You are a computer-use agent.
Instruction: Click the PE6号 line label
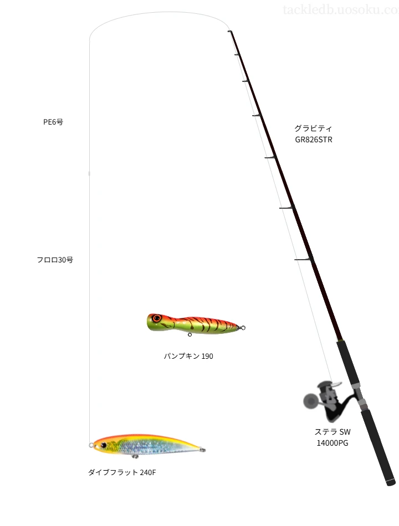(53, 122)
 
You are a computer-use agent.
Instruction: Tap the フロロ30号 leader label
(55, 260)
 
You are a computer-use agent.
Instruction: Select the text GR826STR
(314, 140)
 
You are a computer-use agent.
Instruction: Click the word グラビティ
(313, 128)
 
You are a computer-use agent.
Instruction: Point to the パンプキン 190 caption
(188, 356)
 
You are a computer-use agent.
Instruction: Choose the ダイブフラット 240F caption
(122, 472)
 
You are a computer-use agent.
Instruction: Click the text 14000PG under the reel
(332, 443)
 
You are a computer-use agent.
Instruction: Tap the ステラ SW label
(332, 432)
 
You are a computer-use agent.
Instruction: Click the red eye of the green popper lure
(156, 318)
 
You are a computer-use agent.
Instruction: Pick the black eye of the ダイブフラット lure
(104, 445)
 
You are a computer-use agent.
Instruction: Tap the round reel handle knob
(310, 400)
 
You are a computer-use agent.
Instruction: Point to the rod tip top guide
(230, 32)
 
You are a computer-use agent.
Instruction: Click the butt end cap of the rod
(391, 483)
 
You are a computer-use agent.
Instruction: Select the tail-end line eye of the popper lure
(243, 328)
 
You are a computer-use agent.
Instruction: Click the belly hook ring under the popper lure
(190, 334)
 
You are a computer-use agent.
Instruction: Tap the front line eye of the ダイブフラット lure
(91, 445)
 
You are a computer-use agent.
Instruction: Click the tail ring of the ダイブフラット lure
(202, 450)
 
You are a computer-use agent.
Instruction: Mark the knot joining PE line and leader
(89, 174)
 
